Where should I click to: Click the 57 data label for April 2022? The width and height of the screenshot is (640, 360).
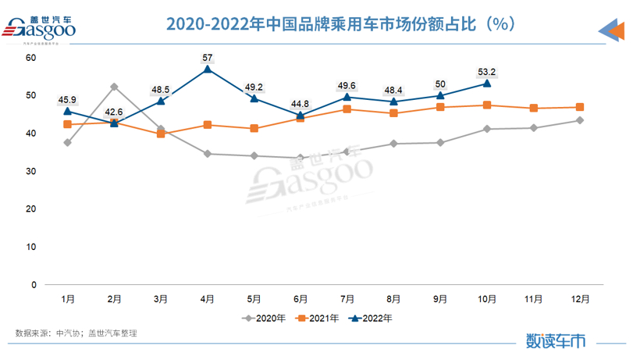point(208,57)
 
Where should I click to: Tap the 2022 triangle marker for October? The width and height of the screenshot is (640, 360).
point(487,83)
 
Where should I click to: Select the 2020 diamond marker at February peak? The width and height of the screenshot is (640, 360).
point(114,86)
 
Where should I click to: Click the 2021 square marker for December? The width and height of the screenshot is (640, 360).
point(580,107)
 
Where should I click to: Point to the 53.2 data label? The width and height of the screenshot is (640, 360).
point(487,73)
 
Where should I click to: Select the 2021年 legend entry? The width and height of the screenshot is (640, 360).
point(318,318)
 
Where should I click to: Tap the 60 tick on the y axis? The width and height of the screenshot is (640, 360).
point(30,58)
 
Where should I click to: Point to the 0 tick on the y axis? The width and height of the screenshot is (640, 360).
point(34,285)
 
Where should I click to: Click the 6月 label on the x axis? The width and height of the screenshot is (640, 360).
point(300,299)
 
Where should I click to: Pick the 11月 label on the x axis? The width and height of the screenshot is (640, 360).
point(533,299)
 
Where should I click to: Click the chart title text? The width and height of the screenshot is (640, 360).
point(339,24)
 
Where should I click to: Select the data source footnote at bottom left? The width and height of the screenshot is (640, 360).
point(76,333)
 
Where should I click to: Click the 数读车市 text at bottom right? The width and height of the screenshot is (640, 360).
point(555,340)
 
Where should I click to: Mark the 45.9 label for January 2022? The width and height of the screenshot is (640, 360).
point(67,100)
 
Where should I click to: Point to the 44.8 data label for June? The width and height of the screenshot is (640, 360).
point(300,103)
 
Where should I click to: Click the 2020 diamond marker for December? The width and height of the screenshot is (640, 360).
point(580,120)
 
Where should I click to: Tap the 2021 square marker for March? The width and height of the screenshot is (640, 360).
point(161,134)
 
